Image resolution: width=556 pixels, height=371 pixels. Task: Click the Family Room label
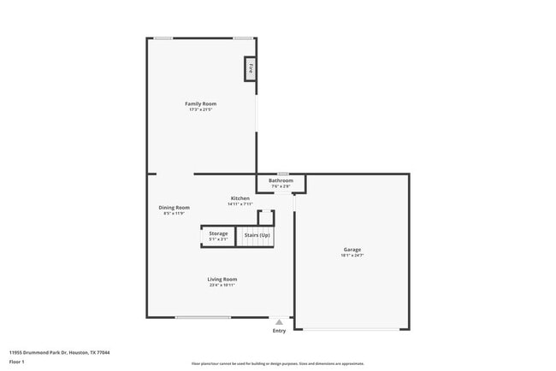pyautogui.click(x=201, y=103)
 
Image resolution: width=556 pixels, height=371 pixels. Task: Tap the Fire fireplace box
pyautogui.click(x=251, y=68)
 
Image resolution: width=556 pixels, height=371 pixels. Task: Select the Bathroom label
pyautogui.click(x=281, y=180)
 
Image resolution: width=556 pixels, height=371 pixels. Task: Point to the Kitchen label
pyautogui.click(x=240, y=198)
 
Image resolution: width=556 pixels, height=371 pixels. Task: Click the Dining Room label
pyautogui.click(x=174, y=207)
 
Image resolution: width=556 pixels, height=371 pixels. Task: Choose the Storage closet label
pyautogui.click(x=218, y=233)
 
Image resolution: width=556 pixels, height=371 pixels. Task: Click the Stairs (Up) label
pyautogui.click(x=257, y=234)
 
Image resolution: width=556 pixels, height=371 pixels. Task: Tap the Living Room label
pyautogui.click(x=222, y=279)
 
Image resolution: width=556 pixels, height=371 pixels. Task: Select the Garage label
pyautogui.click(x=352, y=250)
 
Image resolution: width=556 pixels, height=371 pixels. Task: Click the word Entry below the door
pyautogui.click(x=279, y=331)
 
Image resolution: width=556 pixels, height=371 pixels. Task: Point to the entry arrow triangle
pyautogui.click(x=279, y=322)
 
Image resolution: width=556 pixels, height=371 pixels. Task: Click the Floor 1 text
pyautogui.click(x=17, y=362)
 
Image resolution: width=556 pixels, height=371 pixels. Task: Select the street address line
pyautogui.click(x=59, y=352)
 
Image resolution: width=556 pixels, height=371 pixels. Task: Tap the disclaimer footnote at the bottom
pyautogui.click(x=277, y=363)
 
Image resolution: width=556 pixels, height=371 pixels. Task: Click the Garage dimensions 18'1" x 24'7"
pyautogui.click(x=352, y=256)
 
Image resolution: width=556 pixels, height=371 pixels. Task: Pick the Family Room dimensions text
pyautogui.click(x=201, y=109)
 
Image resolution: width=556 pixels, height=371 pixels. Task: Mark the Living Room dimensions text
pyautogui.click(x=222, y=285)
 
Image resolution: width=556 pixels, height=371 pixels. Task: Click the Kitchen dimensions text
pyautogui.click(x=240, y=204)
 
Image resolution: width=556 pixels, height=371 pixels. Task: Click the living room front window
pyautogui.click(x=203, y=317)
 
